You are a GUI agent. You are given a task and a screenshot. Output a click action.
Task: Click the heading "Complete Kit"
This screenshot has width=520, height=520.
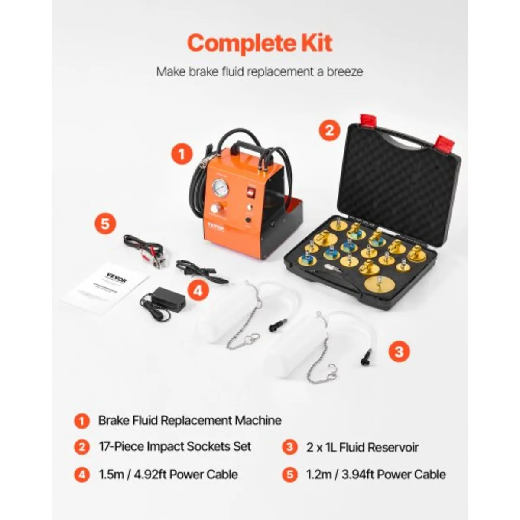click(x=260, y=43)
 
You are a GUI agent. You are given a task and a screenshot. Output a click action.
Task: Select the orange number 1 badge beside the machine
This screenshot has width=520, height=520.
click(x=181, y=155)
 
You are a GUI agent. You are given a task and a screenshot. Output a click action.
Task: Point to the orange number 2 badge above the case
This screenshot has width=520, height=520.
click(x=329, y=129)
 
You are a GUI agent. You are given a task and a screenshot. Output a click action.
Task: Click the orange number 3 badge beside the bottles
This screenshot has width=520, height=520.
click(x=399, y=351)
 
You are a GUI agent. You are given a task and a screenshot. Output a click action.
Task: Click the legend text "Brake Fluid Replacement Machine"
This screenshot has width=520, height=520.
click(x=189, y=420)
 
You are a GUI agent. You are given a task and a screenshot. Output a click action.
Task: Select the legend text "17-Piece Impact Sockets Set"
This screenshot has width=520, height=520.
click(x=175, y=447)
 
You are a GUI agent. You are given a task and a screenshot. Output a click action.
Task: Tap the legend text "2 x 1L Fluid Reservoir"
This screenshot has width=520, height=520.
click(x=362, y=447)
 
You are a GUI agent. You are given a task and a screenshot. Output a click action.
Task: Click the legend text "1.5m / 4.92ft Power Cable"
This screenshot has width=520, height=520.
click(x=168, y=474)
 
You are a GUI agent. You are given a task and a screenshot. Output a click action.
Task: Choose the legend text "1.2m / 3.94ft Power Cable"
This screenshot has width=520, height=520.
click(x=376, y=474)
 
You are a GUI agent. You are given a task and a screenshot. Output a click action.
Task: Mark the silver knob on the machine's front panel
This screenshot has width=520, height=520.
click(x=214, y=208)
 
